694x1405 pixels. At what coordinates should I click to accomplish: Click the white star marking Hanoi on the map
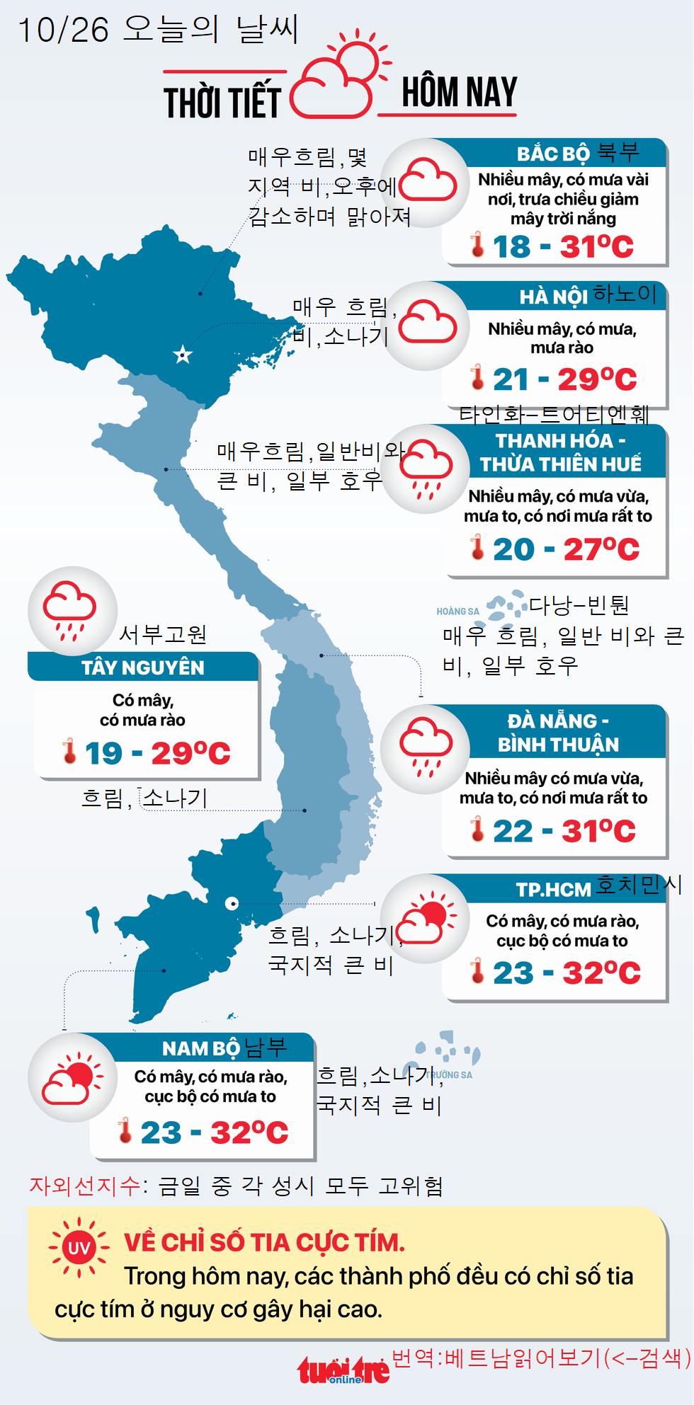183,355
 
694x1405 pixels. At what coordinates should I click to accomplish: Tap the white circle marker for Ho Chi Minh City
232,903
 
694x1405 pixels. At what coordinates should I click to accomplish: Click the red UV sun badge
79,1247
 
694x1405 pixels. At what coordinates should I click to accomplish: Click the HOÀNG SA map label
457,612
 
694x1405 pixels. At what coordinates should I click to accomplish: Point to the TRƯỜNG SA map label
449,1074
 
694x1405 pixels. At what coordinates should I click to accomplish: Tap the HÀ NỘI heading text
553,297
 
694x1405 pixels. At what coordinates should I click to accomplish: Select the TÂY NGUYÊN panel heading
142,667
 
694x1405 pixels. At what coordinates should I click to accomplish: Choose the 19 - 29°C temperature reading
157,753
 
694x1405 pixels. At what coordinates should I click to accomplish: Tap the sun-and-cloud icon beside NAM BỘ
72,1077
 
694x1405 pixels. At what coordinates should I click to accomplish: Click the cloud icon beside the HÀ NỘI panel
427,325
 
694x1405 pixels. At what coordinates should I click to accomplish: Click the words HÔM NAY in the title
459,92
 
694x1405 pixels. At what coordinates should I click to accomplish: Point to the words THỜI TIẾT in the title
222,102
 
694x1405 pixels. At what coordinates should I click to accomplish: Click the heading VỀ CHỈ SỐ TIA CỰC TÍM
264,1242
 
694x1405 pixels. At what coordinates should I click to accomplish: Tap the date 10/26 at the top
63,30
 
